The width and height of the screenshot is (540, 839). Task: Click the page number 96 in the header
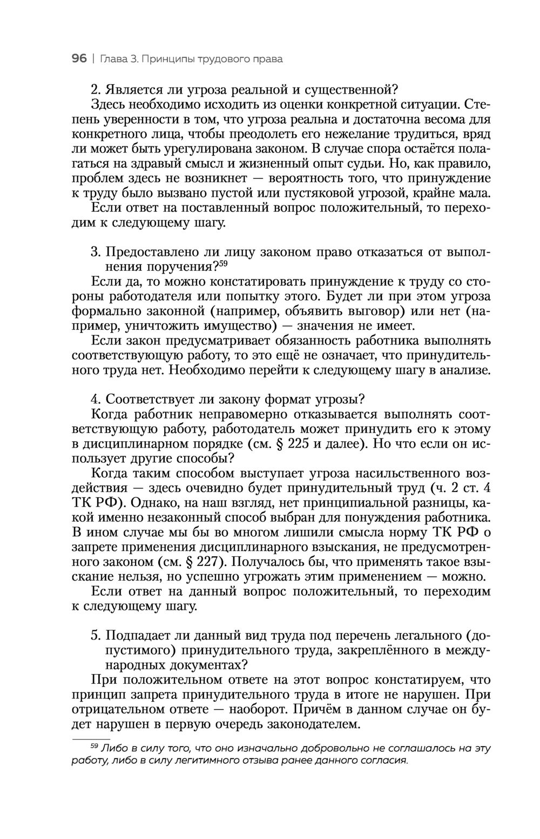pyautogui.click(x=79, y=58)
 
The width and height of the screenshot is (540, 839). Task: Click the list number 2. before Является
pyautogui.click(x=96, y=88)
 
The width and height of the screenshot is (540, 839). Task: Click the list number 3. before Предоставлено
pyautogui.click(x=96, y=252)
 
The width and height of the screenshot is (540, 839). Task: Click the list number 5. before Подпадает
pyautogui.click(x=96, y=636)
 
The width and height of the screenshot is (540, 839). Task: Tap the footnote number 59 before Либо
pyautogui.click(x=93, y=746)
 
